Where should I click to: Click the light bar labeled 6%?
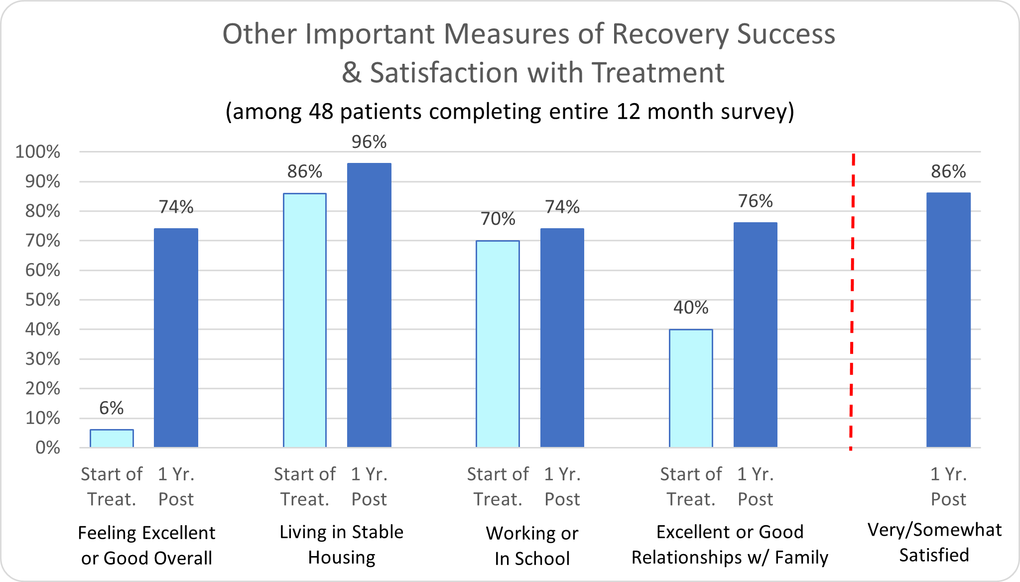tap(112, 438)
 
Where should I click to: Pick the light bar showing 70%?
tap(498, 344)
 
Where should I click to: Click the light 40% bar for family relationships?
tap(691, 388)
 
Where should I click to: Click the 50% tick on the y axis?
tap(43, 300)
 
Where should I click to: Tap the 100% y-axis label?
tap(38, 152)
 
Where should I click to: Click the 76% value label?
tap(755, 201)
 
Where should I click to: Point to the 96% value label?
tap(369, 142)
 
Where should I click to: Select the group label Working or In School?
tap(532, 546)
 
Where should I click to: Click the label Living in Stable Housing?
tap(341, 545)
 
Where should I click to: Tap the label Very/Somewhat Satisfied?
tap(934, 542)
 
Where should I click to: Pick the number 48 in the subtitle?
tap(321, 111)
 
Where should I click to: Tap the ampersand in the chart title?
tap(351, 73)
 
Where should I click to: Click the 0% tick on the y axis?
tap(48, 447)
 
